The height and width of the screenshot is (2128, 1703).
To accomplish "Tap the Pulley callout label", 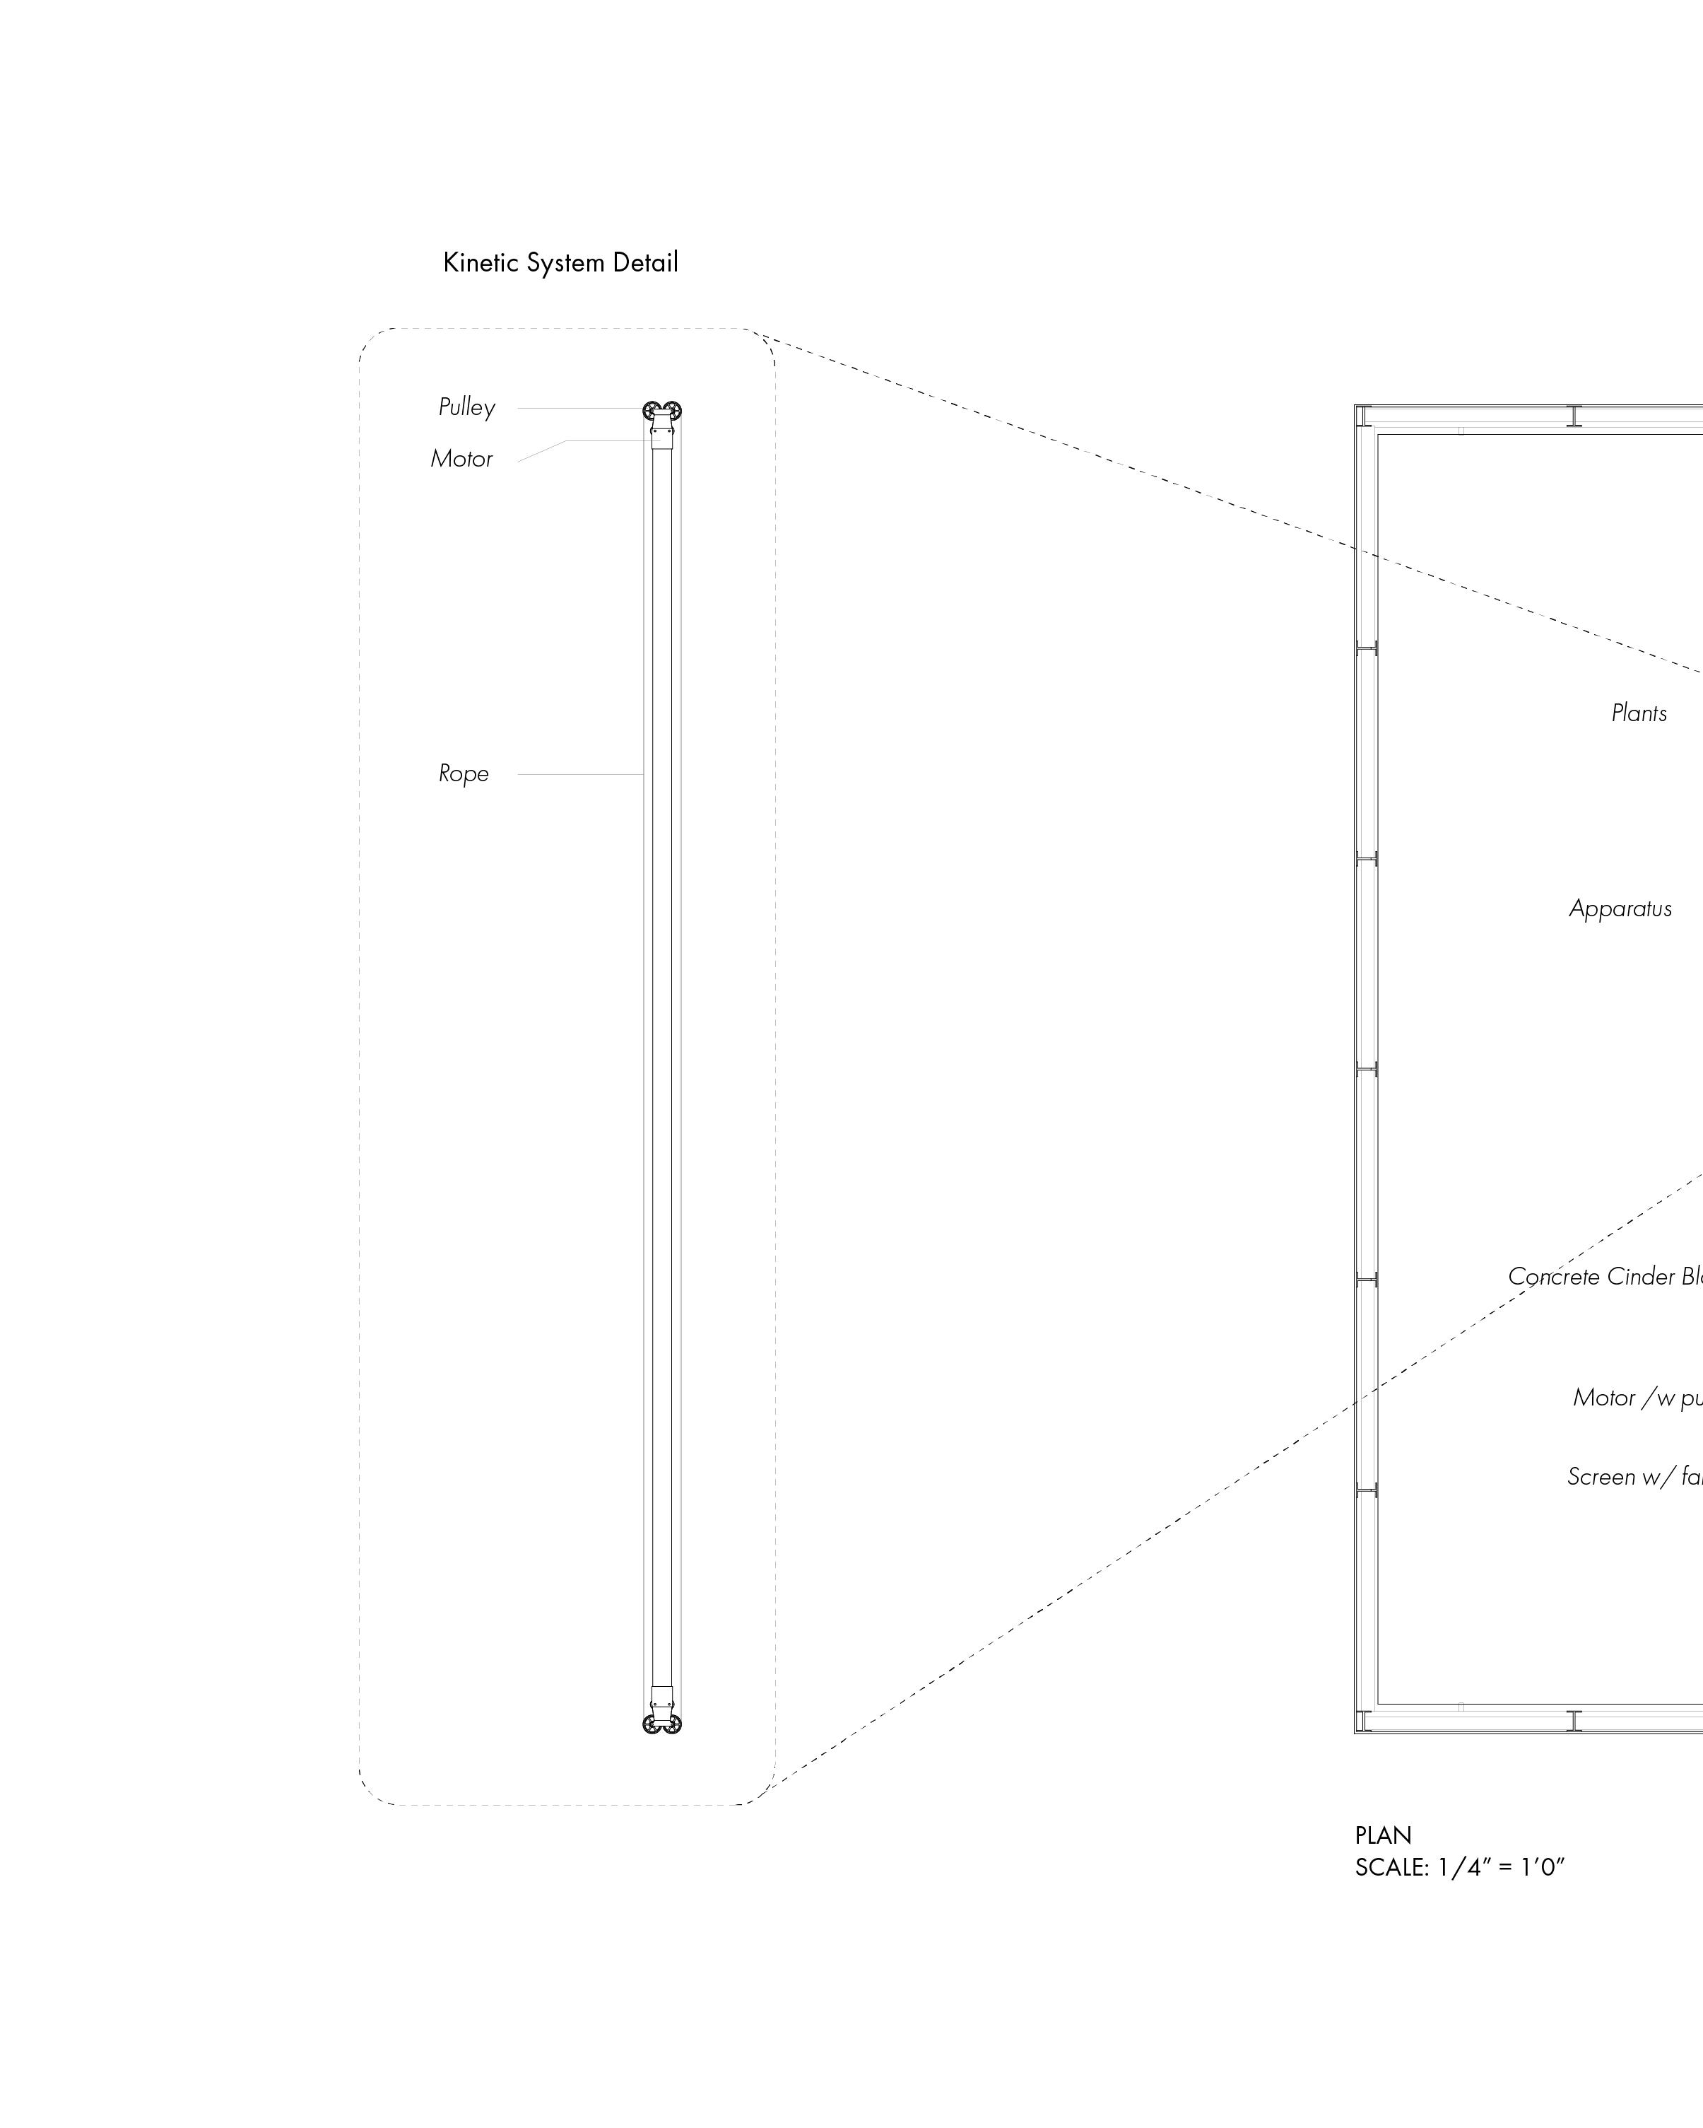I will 466,408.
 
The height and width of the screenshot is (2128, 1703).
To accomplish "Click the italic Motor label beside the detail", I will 461,459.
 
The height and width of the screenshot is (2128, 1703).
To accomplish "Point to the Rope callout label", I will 464,774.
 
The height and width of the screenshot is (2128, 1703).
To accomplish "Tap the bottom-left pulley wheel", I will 652,1724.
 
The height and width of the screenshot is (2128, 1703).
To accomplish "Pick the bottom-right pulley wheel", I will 673,1724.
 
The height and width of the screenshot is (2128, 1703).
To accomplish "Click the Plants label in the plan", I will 1639,713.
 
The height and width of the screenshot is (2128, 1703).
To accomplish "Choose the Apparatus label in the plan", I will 1620,909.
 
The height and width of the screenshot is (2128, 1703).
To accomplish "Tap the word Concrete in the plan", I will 1554,1278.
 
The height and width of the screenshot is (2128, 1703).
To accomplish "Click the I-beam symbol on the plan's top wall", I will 1574,416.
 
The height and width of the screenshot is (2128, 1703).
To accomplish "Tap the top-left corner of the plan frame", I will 1357,407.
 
